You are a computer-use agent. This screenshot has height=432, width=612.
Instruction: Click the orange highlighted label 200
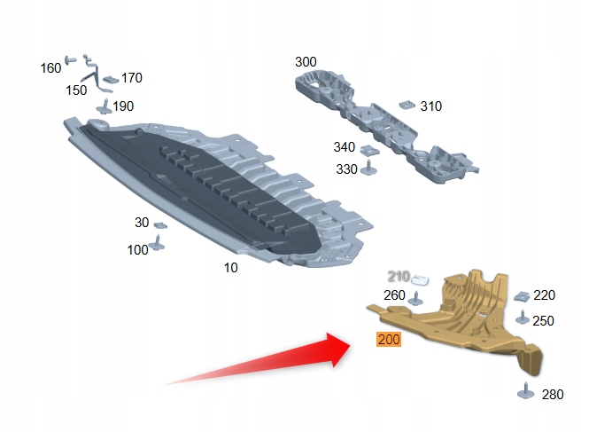click(x=389, y=339)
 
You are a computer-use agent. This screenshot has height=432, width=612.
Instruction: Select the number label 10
click(x=230, y=266)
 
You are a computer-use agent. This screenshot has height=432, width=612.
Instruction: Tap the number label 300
click(x=306, y=62)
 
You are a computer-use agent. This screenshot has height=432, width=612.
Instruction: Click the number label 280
click(x=552, y=394)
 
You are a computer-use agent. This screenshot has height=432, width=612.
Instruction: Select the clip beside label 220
click(x=523, y=295)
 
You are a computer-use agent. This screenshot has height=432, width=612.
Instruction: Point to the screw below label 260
click(x=414, y=307)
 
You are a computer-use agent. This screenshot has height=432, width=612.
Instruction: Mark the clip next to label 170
click(x=110, y=79)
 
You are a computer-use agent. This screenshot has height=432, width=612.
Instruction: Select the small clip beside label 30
click(x=160, y=224)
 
